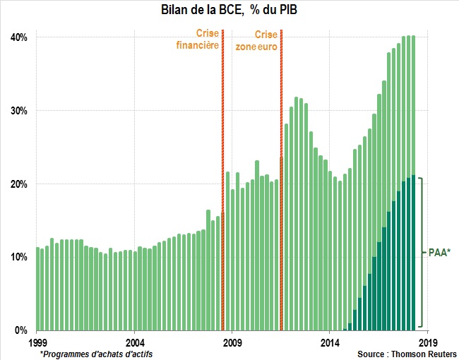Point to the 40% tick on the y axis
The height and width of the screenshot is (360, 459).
pos(19,37)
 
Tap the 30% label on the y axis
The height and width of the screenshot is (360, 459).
pos(19,111)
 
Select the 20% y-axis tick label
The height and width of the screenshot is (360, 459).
pos(19,184)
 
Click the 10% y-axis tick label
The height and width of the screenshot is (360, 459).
pos(19,257)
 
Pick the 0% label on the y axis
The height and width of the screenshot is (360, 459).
pos(22,330)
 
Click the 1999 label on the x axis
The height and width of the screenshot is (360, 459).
pos(38,342)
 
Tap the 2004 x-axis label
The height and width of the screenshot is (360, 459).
pos(135,342)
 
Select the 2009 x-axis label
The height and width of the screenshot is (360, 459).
pos(232,342)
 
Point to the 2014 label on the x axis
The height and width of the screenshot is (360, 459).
pos(330,342)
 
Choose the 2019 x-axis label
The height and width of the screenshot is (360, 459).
pos(426,342)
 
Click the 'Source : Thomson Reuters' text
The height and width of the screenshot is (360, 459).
pos(405,354)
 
